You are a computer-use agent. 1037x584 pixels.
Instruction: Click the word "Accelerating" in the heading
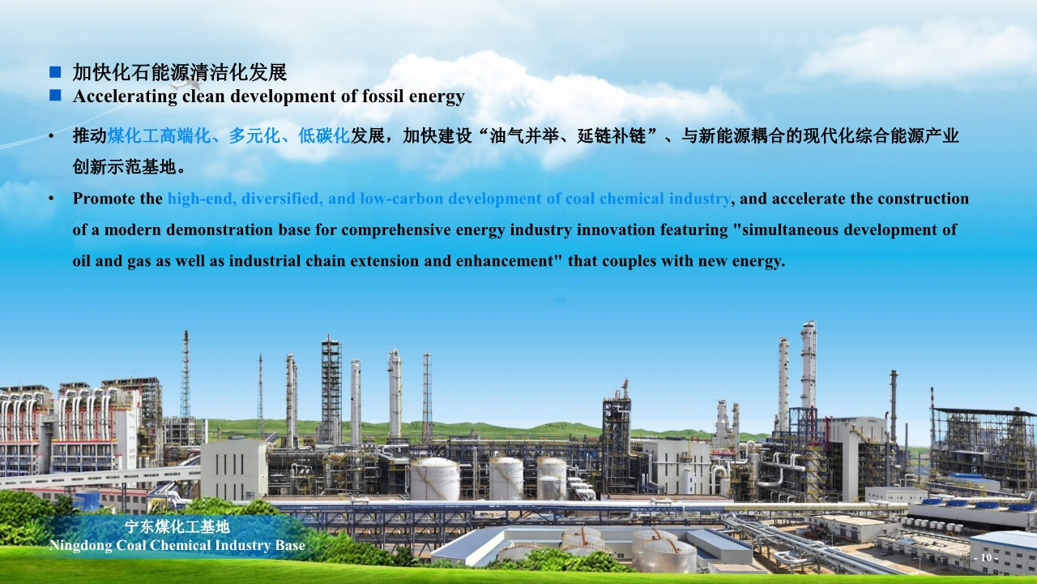[125, 97]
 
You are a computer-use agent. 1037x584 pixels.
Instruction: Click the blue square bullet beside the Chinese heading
[55, 72]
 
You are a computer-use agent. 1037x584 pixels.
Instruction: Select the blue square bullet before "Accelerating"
[55, 95]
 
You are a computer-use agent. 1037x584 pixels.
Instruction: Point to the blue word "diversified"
[280, 199]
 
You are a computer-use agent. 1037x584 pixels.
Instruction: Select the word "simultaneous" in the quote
[790, 230]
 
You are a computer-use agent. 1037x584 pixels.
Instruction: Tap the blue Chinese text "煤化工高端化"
[159, 135]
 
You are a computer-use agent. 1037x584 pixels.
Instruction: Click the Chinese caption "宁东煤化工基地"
[177, 527]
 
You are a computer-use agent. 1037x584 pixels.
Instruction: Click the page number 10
[986, 557]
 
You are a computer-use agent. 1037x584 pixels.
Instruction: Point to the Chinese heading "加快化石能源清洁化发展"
[180, 72]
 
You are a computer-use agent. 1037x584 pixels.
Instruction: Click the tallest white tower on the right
[809, 366]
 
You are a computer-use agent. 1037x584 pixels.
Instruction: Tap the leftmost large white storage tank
[435, 479]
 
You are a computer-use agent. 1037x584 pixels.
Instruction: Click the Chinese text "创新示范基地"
[124, 167]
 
